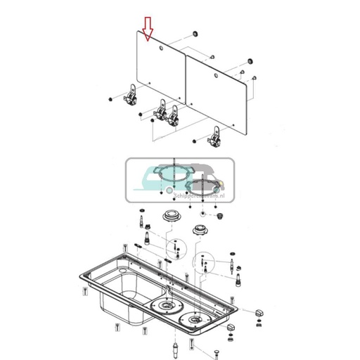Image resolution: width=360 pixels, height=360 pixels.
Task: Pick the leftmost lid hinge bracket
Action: coord(131,94)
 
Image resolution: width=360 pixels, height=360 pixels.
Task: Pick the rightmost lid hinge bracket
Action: coord(216,134)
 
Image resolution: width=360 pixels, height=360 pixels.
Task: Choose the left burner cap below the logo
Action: coord(171,214)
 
